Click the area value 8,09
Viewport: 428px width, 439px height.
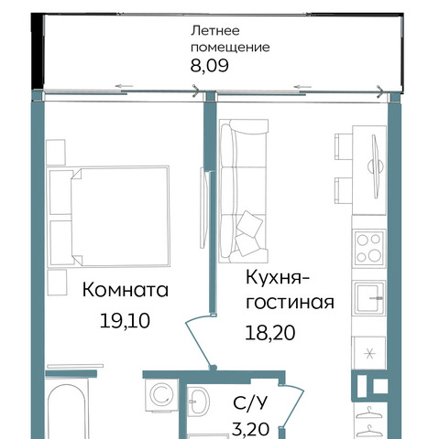209,66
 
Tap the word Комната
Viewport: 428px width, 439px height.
126,290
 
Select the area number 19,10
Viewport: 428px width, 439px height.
125,321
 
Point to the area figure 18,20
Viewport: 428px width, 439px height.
270,333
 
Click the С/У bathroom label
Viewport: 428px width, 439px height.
250,402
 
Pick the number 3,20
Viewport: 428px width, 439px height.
250,429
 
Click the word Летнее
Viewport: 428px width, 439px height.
215,31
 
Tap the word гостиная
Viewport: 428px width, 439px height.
290,303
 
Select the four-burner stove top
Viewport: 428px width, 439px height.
368,248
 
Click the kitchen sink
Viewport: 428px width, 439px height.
368,297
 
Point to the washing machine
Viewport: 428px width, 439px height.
161,395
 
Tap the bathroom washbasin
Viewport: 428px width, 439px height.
198,401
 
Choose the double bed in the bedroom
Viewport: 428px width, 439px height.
108,216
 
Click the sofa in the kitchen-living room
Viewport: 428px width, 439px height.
244,191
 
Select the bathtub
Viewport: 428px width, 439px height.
67,410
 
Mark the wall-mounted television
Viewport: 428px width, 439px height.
376,166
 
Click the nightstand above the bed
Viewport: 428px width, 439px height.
56,152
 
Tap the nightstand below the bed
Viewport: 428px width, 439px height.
57,282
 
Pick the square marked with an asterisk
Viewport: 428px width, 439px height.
369,353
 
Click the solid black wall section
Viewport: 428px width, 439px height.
38,52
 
